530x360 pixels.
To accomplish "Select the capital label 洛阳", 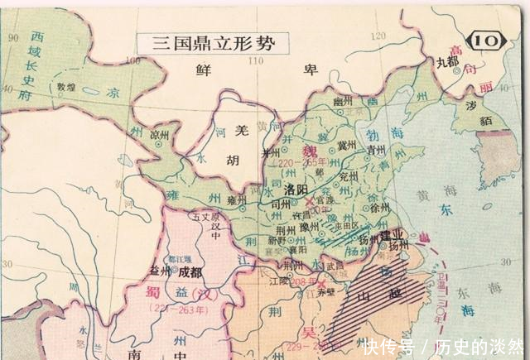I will [296, 190].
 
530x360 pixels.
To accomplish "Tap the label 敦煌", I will [66, 86].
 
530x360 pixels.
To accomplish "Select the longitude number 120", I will [380, 36].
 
